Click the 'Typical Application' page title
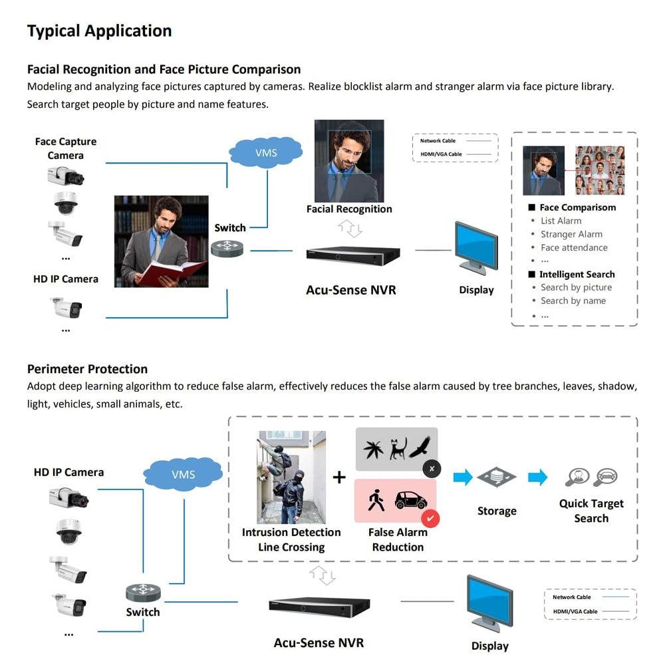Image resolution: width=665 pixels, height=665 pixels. (99, 31)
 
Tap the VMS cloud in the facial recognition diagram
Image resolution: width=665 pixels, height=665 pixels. (265, 153)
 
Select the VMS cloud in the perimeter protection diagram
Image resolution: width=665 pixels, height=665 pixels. (183, 474)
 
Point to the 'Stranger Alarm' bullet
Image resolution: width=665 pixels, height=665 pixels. (571, 234)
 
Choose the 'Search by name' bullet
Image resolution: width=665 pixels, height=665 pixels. (573, 301)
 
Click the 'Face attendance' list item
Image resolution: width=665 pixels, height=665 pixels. (574, 247)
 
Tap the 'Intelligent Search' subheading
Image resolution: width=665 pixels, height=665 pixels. (577, 274)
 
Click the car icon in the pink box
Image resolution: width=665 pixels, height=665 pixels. (410, 500)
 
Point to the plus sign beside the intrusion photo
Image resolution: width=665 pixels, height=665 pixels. (339, 477)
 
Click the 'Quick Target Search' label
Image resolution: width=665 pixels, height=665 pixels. (591, 511)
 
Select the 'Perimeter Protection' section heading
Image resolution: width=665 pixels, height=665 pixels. (87, 369)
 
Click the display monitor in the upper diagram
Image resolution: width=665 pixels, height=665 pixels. (475, 247)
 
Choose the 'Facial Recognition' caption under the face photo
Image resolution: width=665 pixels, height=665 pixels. (349, 209)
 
